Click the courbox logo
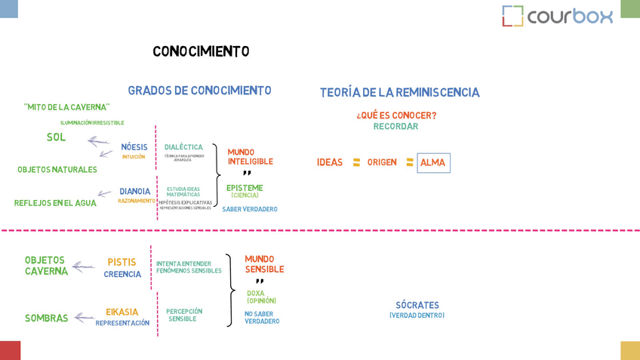pyautogui.click(x=557, y=16)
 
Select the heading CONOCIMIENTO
pyautogui.click(x=201, y=51)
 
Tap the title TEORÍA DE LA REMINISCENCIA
pyautogui.click(x=399, y=93)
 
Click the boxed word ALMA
pyautogui.click(x=433, y=163)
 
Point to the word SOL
pyautogui.click(x=56, y=137)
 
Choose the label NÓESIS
pyautogui.click(x=134, y=147)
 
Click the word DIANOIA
pyautogui.click(x=135, y=192)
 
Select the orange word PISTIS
pyautogui.click(x=122, y=263)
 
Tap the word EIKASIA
pyautogui.click(x=122, y=312)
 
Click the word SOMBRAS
pyautogui.click(x=46, y=318)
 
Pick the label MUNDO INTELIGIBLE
pyautogui.click(x=250, y=157)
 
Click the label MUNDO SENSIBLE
pyautogui.click(x=264, y=264)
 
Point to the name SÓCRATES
pyautogui.click(x=417, y=306)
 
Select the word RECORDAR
pyautogui.click(x=395, y=127)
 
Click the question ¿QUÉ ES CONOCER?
pyautogui.click(x=396, y=115)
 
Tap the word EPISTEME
pyautogui.click(x=245, y=188)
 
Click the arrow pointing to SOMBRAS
pyautogui.click(x=84, y=318)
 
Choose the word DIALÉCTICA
pyautogui.click(x=183, y=147)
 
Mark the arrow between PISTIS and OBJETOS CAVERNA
pyautogui.click(x=83, y=266)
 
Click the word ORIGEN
pyautogui.click(x=382, y=162)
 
